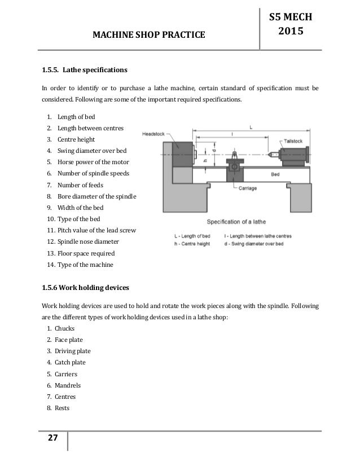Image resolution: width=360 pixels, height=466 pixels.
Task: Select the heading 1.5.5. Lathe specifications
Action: pyautogui.click(x=84, y=71)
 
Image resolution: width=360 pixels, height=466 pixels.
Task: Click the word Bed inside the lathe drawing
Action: pyautogui.click(x=275, y=175)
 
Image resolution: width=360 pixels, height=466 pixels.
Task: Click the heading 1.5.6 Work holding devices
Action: pyautogui.click(x=86, y=287)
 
